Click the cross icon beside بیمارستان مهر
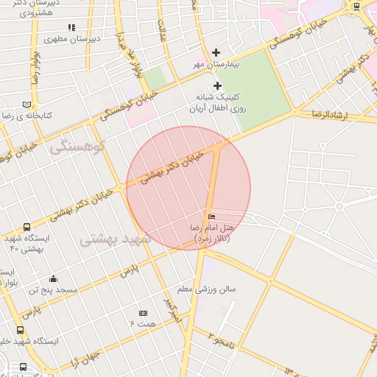click(216, 52)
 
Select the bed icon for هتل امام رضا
click(212, 217)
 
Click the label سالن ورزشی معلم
click(211, 289)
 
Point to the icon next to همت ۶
click(143, 314)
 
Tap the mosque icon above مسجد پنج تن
click(53, 278)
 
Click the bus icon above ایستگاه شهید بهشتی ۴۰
click(27, 227)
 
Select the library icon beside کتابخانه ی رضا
click(27, 105)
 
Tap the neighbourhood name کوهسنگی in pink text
click(79, 147)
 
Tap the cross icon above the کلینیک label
click(217, 86)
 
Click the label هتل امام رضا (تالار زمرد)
click(211, 233)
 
